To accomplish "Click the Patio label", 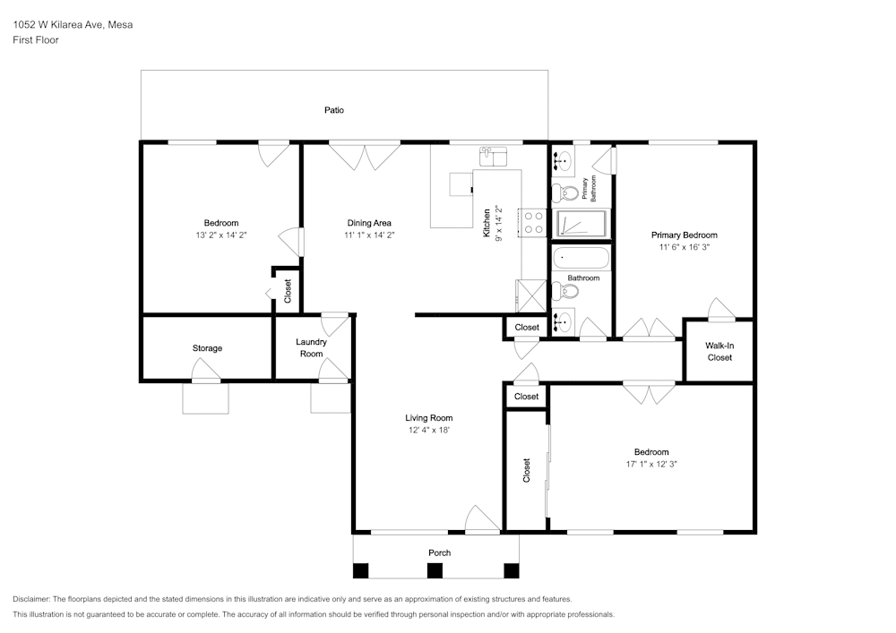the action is point(334,110).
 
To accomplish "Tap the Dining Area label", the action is point(369,223).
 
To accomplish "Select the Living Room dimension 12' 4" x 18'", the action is point(428,431).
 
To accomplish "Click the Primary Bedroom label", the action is point(684,235).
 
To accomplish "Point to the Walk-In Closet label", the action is point(719,352).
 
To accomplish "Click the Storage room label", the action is point(207,348).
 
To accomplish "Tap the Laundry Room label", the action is point(312,347).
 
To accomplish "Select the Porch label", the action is point(439,553).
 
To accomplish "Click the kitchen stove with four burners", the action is point(533,223).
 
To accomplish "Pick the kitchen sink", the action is point(493,157).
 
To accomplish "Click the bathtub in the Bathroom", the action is point(581,259).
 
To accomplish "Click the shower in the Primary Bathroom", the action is point(582,224).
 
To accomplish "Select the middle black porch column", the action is point(435,570).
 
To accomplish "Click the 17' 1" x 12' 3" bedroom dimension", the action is point(651,465).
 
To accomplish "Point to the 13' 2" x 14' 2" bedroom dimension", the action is point(221,235).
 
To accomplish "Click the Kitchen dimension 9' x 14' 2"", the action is point(498,223).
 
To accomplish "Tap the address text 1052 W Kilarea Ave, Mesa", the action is point(73,24).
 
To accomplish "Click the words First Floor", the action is point(36,40).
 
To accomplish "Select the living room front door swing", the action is point(483,520).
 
